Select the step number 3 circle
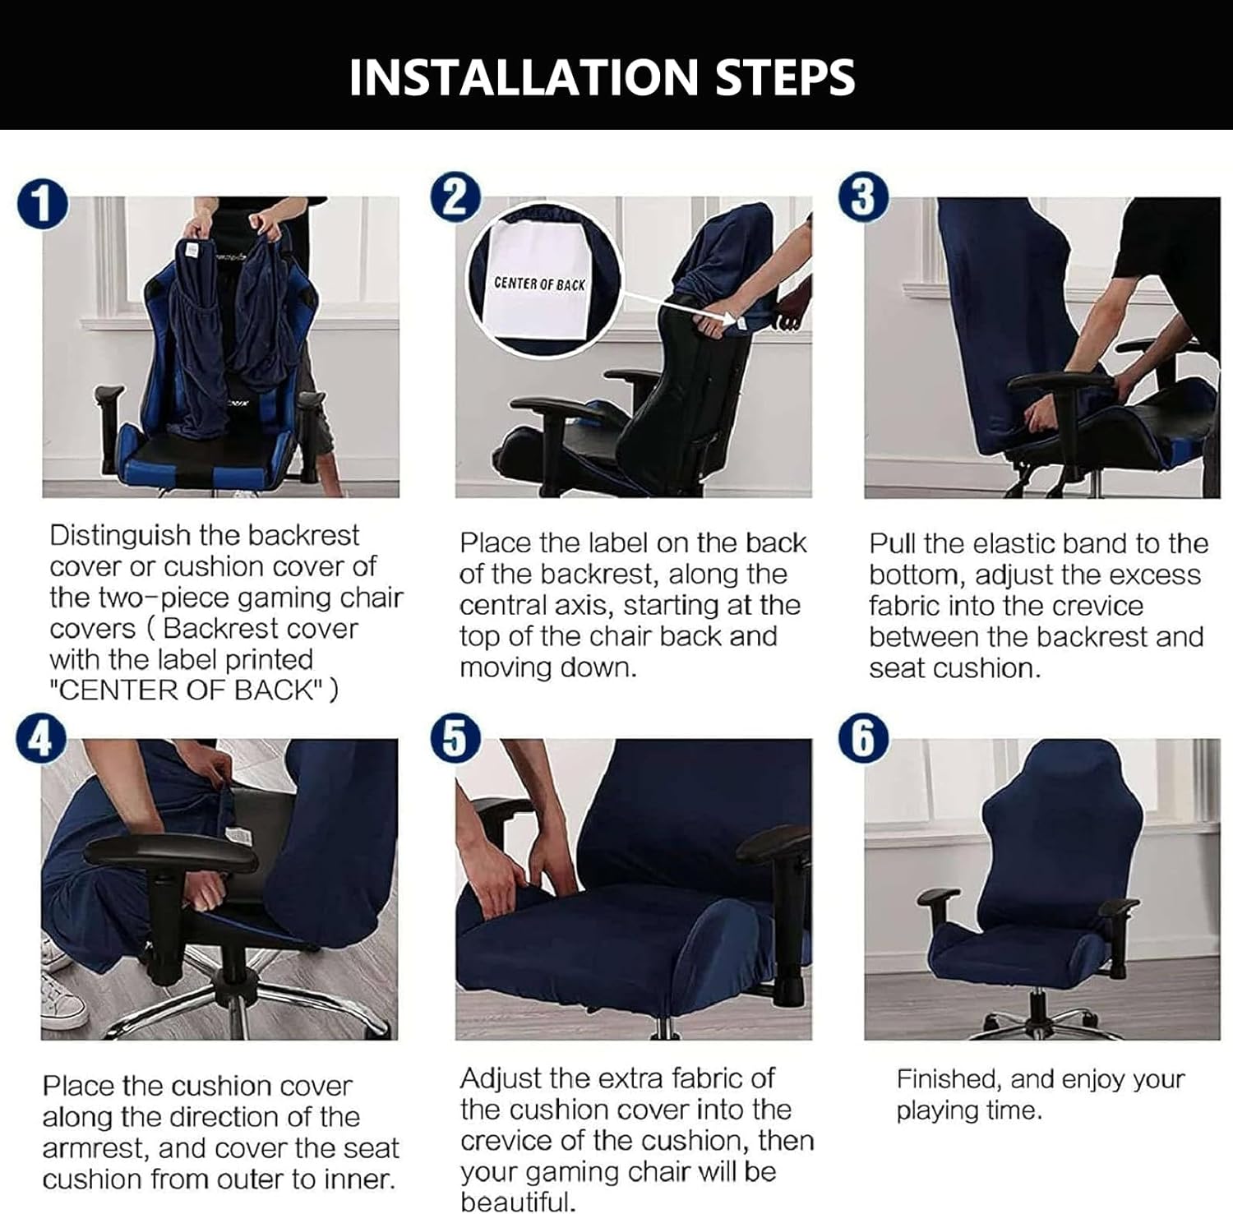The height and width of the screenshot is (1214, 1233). point(863,198)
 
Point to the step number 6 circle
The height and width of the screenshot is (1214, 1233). point(863,738)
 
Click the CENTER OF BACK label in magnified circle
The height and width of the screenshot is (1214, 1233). point(540,284)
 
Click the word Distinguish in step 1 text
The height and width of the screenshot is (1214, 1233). point(119,536)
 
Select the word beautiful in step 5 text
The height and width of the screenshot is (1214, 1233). point(516,1201)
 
